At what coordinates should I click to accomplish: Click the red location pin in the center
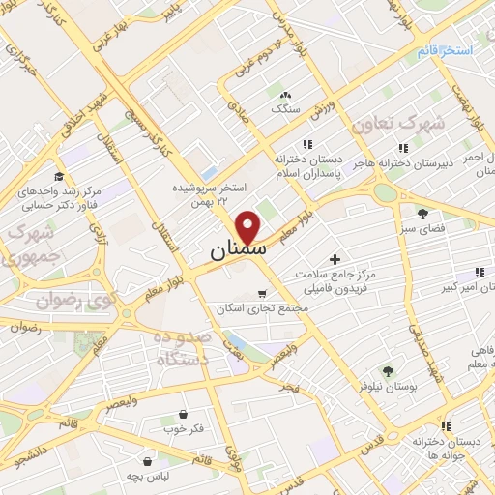point(249,226)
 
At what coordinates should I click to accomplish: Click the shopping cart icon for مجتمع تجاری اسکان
point(261,294)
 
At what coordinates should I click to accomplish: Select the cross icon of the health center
point(335,258)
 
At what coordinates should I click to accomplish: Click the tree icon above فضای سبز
point(422,213)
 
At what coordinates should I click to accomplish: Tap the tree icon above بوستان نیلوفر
point(387,370)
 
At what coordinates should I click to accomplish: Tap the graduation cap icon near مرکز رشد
point(59,176)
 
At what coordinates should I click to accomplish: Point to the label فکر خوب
point(184,427)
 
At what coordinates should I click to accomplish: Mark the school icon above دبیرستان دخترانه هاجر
point(402,147)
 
